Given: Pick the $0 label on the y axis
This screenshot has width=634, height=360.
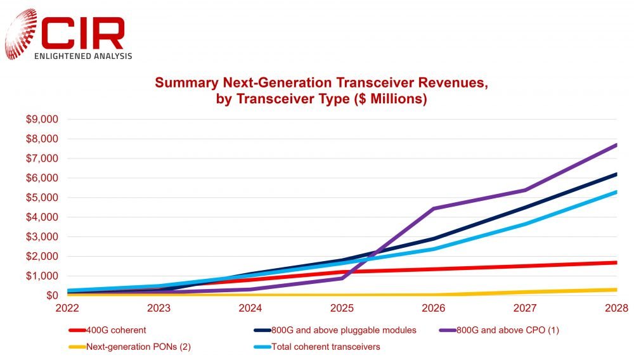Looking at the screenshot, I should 51,295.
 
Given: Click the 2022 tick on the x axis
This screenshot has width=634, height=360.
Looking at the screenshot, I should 68,308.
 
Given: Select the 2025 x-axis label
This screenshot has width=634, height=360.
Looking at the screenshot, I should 342,308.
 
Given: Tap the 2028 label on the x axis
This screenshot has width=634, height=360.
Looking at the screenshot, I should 616,308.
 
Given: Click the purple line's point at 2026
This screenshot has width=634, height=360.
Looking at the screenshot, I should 434,208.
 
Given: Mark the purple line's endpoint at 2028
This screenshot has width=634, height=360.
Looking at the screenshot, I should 616,145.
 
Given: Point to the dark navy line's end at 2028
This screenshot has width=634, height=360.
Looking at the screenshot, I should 616,174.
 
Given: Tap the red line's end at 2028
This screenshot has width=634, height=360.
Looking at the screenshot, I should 616,262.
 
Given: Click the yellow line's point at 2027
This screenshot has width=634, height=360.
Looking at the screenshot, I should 525,292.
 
